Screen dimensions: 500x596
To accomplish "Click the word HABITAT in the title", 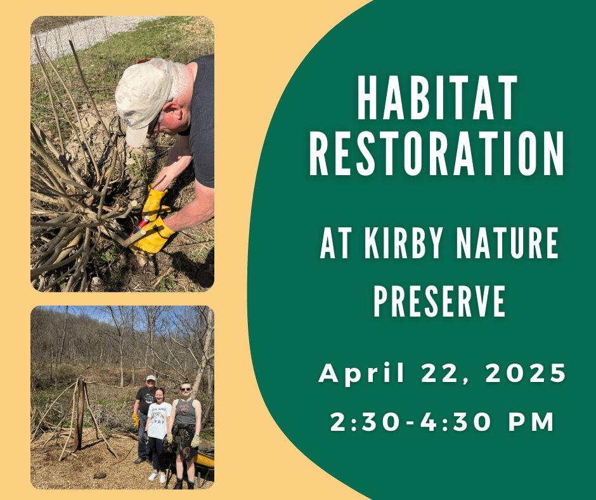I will (437, 101).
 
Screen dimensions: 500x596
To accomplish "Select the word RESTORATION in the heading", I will (437, 155).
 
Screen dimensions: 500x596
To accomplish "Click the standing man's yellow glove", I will (136, 419).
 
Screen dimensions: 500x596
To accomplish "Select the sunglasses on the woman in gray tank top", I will (186, 388).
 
